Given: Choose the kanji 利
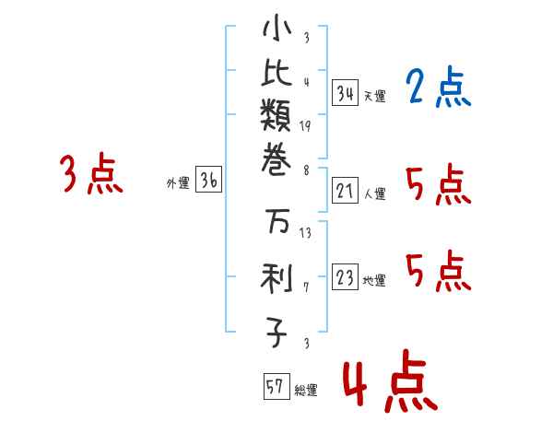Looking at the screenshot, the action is (276, 277).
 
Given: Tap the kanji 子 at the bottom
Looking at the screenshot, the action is (276, 331).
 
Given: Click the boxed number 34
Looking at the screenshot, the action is (346, 93).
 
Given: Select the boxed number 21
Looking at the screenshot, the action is (346, 192).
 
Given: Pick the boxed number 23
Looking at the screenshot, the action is (346, 278).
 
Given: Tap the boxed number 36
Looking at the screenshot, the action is (208, 181).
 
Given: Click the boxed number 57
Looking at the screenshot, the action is (276, 387).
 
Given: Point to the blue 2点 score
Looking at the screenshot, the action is (438, 88).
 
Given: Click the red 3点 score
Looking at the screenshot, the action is (91, 174).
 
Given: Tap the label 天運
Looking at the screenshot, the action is (374, 96).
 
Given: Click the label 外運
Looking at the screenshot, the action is (178, 183).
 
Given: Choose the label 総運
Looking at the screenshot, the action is (306, 391).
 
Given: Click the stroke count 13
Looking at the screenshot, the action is (305, 233).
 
